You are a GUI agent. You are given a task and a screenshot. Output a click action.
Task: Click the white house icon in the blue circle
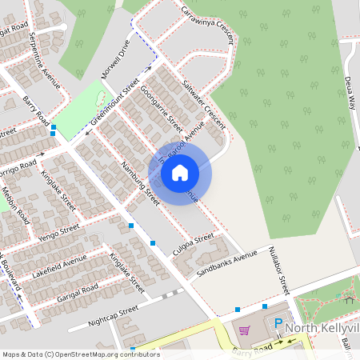click(x=180, y=171)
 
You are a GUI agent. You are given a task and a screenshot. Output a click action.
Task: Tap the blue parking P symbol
click(x=278, y=324)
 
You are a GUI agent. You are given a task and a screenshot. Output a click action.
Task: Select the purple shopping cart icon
click(x=244, y=330)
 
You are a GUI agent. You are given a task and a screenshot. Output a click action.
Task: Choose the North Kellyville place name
click(x=323, y=328)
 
